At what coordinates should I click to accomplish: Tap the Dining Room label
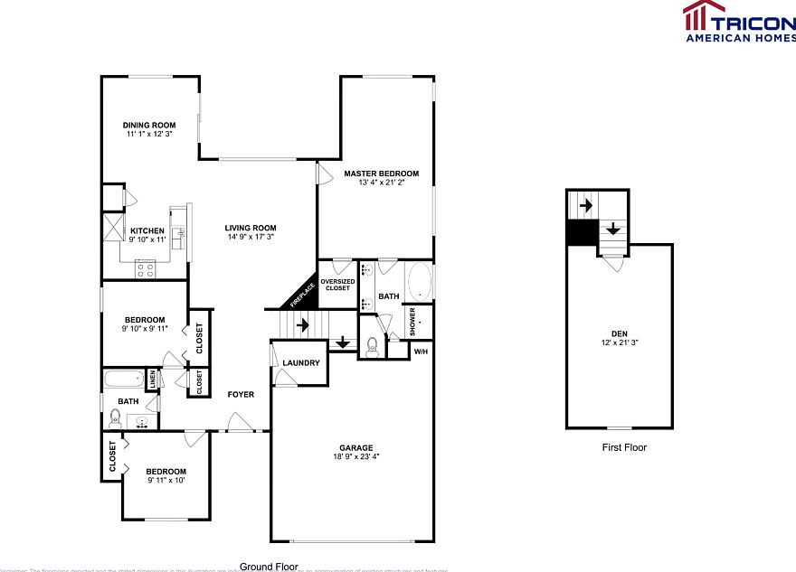pyautogui.click(x=149, y=125)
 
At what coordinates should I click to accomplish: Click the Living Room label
pyautogui.click(x=251, y=228)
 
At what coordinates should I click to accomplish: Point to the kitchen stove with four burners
pyautogui.click(x=145, y=267)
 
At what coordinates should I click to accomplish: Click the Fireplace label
pyautogui.click(x=301, y=294)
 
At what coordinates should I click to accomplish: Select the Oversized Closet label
pyautogui.click(x=336, y=285)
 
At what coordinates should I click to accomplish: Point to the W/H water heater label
pyautogui.click(x=422, y=351)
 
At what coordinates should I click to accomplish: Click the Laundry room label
pyautogui.click(x=300, y=363)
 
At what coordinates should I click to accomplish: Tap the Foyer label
pyautogui.click(x=241, y=394)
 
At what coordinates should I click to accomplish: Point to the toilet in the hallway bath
pyautogui.click(x=115, y=417)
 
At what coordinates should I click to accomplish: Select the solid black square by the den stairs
pyautogui.click(x=580, y=234)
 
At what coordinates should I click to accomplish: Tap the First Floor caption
pyautogui.click(x=624, y=447)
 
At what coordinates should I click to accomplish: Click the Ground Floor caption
pyautogui.click(x=269, y=567)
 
